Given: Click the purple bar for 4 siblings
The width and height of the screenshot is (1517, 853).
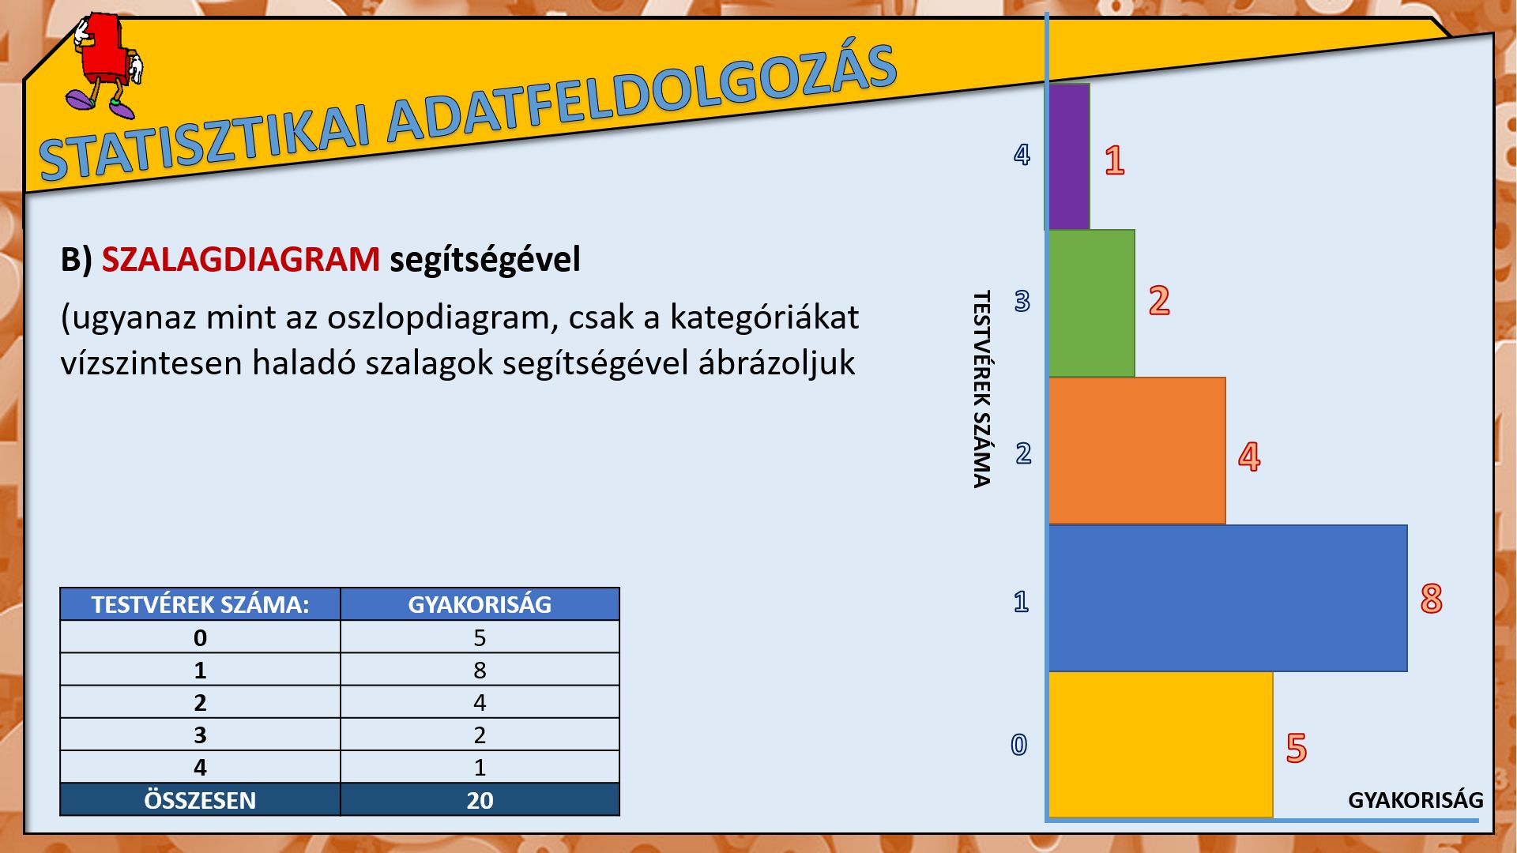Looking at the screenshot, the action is coord(1069,157).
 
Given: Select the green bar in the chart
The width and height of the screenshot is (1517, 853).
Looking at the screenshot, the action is coord(1092,303).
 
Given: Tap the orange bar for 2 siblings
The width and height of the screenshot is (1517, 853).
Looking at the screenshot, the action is coord(1137,450).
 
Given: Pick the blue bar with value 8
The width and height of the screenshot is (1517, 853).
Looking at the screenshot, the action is coord(1228,598).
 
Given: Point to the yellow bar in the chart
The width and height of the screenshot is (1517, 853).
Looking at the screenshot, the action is coord(1161,745).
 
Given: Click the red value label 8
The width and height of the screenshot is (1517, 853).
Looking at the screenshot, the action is coord(1431,599).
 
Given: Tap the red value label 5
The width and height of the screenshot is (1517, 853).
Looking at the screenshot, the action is coord(1297,748).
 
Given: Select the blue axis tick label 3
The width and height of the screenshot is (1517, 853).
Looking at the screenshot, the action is coord(1022,301).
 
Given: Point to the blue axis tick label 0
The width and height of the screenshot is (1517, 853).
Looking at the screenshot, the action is coord(1019,745).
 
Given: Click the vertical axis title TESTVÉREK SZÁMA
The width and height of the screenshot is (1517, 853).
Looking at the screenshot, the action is coord(981,389).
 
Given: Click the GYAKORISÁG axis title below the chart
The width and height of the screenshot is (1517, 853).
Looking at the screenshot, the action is coord(1415,800).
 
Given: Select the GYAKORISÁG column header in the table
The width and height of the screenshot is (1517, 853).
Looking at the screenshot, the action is coord(480,604).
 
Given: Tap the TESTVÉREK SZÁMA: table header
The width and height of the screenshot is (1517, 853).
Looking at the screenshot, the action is coord(200,604).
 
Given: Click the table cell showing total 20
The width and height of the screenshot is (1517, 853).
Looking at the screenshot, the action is coord(480,800).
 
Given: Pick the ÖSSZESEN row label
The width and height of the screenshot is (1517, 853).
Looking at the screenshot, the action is coord(200,800).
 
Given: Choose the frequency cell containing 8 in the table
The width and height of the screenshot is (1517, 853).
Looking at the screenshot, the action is coord(480,670).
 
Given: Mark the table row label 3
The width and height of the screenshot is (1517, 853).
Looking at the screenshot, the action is coord(200,735).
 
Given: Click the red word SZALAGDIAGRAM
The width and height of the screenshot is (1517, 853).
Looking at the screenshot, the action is coord(241,260).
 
